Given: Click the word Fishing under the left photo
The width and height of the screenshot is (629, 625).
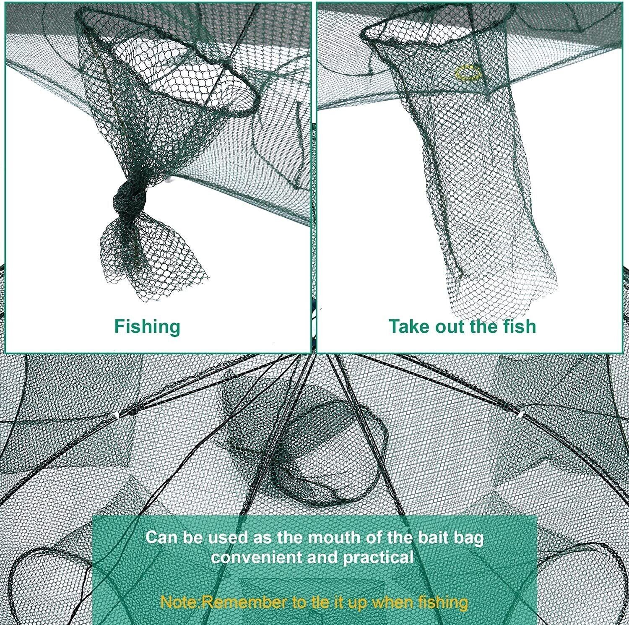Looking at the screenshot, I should point(147,326).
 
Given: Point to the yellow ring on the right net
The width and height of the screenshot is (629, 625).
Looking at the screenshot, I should point(468,73).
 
